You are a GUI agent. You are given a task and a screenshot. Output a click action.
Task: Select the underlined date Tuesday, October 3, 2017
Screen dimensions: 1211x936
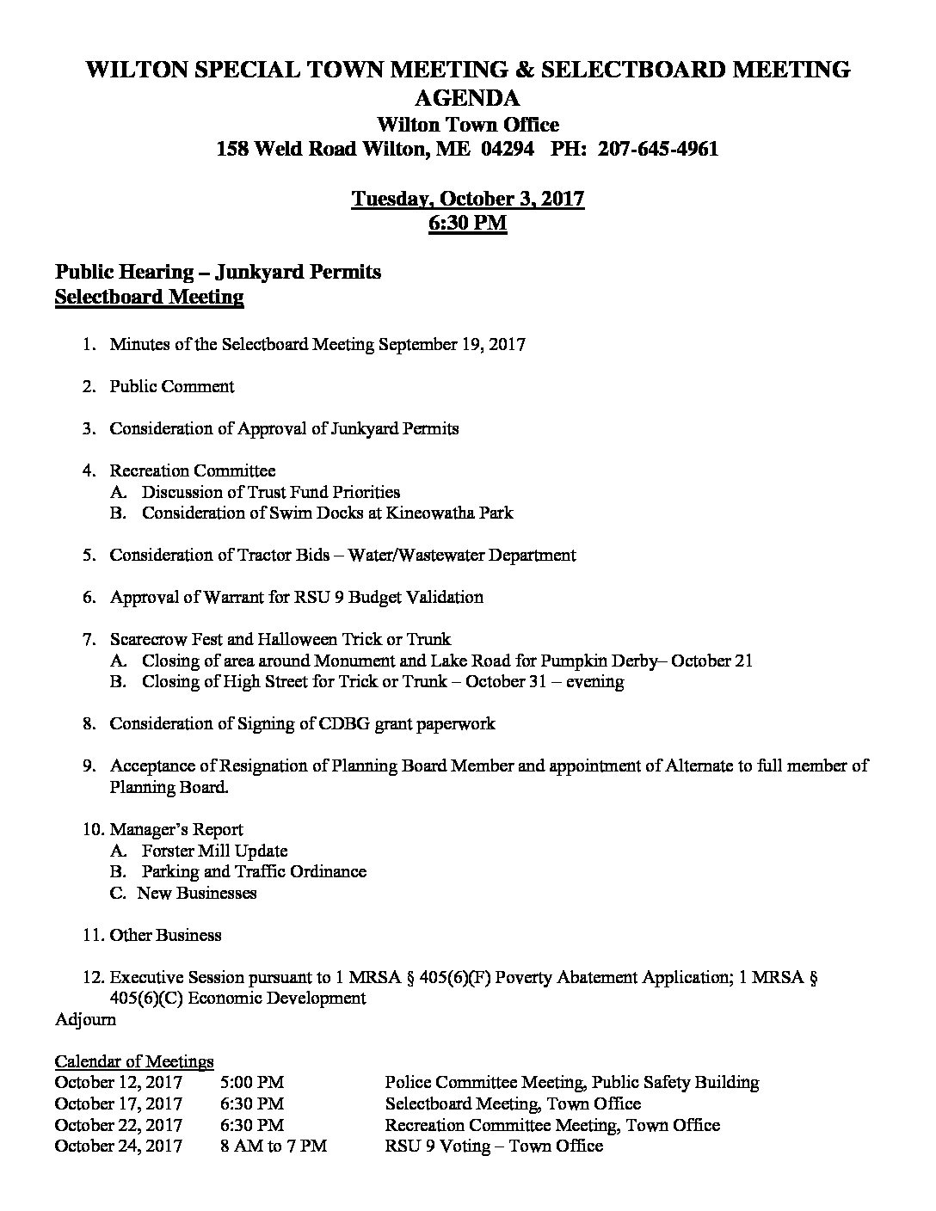click(468, 199)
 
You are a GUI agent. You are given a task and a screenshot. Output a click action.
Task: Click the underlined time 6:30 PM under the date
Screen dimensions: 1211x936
click(467, 224)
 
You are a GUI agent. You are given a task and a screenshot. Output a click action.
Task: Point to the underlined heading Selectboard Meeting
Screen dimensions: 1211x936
click(149, 297)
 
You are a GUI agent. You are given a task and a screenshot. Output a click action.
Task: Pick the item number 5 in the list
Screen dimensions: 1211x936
click(88, 555)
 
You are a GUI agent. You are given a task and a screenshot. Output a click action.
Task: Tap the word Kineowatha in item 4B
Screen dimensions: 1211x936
click(428, 513)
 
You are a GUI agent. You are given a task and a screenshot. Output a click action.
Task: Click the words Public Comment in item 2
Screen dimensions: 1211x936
click(171, 386)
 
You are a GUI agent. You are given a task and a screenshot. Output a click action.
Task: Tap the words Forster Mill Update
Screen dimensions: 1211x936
click(214, 851)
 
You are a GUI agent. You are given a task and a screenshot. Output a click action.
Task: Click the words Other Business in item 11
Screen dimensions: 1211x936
click(165, 935)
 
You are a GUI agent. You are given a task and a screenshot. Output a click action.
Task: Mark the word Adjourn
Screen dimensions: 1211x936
click(85, 1019)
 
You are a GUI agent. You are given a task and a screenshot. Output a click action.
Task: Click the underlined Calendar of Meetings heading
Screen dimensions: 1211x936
click(134, 1061)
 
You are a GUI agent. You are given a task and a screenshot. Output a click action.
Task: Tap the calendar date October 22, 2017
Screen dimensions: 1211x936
click(118, 1125)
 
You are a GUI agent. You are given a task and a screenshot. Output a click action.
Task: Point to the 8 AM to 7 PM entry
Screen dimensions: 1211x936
click(274, 1146)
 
